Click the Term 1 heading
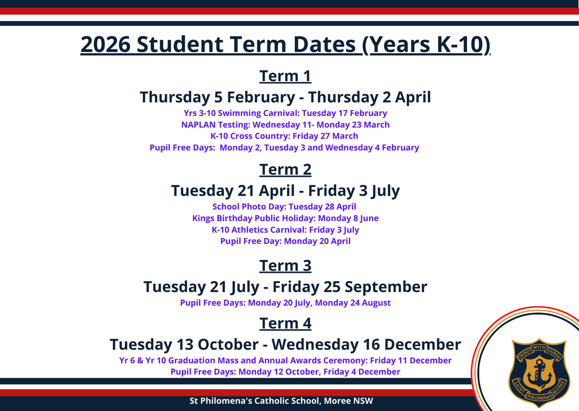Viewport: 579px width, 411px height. [x=285, y=76]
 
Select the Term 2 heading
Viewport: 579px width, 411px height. [x=285, y=170]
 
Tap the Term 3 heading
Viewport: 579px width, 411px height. [x=285, y=266]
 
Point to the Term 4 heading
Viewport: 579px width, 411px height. [x=285, y=324]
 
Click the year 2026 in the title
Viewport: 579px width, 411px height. [x=106, y=44]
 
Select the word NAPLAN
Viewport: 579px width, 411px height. [x=198, y=125]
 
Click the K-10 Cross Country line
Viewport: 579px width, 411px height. [x=284, y=136]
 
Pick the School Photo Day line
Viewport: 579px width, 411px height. [x=284, y=207]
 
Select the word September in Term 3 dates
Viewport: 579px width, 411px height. [x=386, y=287]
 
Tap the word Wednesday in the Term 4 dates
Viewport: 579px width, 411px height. [x=315, y=344]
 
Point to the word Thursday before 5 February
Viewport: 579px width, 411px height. [x=175, y=97]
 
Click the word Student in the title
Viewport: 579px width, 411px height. [x=179, y=44]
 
